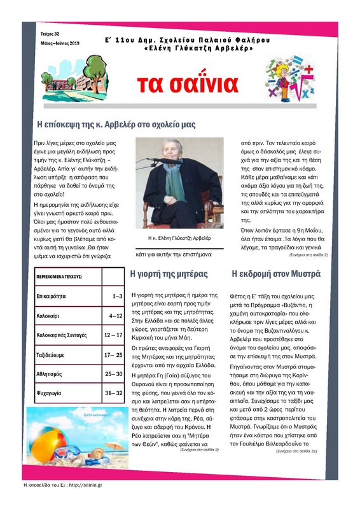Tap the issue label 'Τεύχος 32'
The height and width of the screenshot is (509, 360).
click(x=46, y=33)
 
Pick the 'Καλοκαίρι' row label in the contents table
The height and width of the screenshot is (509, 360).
click(x=52, y=316)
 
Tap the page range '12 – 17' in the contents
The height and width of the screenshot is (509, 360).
click(x=113, y=335)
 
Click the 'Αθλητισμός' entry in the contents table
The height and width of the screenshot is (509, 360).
click(x=55, y=374)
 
